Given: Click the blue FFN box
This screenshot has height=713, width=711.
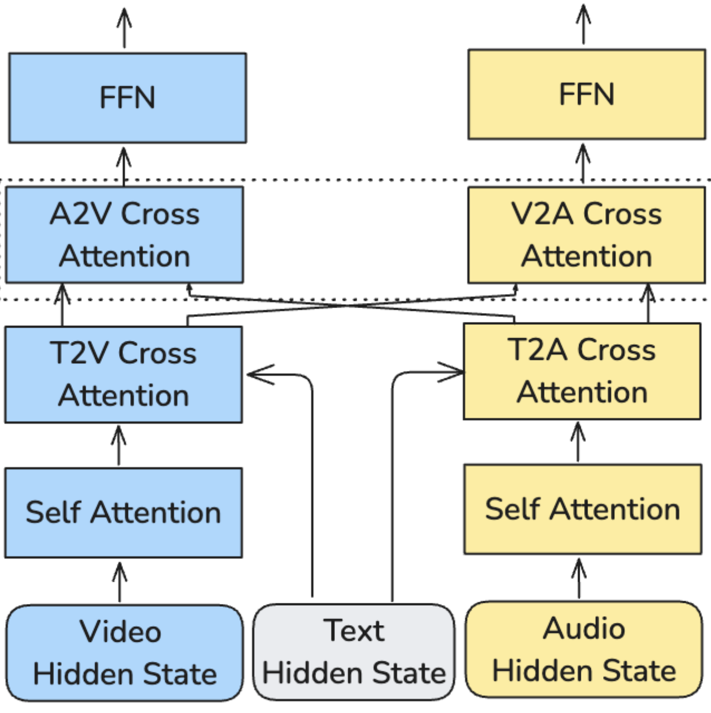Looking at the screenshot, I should coord(127,98).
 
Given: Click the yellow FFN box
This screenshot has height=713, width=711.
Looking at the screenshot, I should coord(586,94).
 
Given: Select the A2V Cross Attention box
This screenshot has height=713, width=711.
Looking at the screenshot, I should coord(124,235).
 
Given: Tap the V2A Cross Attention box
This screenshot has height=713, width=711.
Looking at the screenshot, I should coord(586,235).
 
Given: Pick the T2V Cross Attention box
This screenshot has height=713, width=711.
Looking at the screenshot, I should coord(124,374).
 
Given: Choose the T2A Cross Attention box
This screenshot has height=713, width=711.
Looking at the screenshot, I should coord(582,371).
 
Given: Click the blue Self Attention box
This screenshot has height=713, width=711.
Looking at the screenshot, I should coord(124,512).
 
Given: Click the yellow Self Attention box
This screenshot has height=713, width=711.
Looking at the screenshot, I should coord(582,509).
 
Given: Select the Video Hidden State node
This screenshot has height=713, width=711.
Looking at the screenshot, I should coord(125,652).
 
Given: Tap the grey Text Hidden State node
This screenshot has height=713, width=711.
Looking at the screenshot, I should coord(354,652).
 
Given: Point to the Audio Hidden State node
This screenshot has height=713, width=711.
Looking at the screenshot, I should coord(584,649).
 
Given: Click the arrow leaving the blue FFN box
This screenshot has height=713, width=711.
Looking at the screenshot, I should coord(124,28).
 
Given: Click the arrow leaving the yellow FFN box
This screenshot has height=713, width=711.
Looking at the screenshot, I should coord(583,24).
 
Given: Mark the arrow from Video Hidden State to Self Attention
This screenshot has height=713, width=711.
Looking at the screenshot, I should coord(120,582).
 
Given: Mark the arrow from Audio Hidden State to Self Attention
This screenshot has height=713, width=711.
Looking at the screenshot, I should coord(579,578).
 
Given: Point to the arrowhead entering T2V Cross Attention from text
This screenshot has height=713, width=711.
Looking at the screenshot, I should coord(259,375).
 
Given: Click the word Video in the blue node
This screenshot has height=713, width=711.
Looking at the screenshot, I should coord(121,631).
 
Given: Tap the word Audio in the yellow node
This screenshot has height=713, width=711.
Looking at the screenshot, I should coord(584,628).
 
